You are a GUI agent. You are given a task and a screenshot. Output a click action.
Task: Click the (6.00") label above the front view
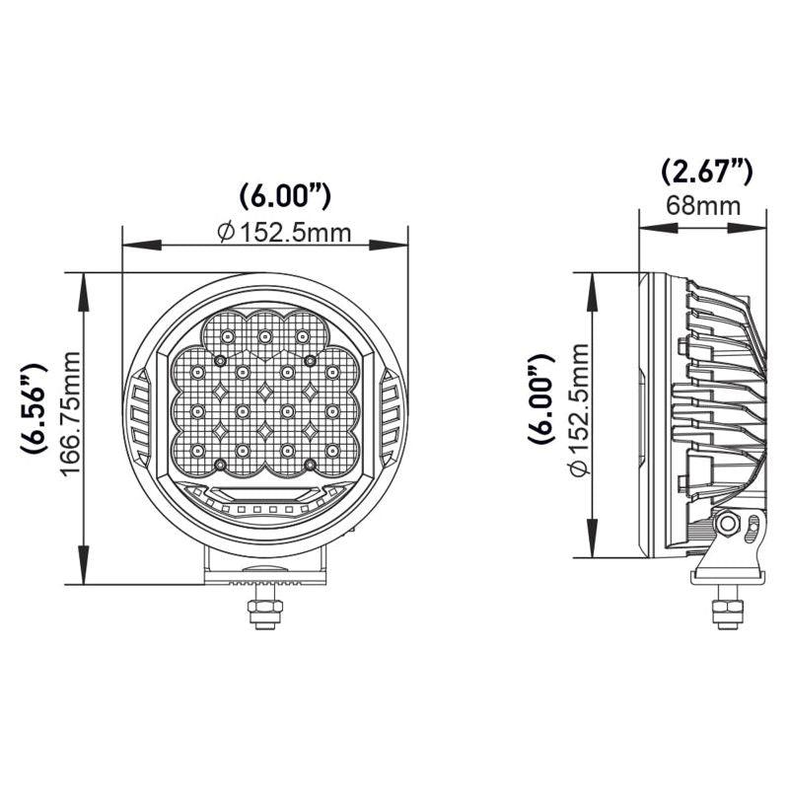(x=284, y=196)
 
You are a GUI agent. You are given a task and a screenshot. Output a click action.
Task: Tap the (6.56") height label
(x=34, y=407)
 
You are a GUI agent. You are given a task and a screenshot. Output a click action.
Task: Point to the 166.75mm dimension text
(x=69, y=408)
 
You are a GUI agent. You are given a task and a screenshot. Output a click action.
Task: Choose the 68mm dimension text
(x=703, y=206)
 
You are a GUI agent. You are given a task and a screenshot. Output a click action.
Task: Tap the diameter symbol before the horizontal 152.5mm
(x=226, y=233)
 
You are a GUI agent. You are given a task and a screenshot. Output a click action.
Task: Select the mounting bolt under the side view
(x=729, y=607)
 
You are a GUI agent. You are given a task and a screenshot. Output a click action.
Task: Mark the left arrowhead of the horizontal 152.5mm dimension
(x=127, y=244)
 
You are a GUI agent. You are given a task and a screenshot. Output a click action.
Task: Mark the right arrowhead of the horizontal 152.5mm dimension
(x=402, y=244)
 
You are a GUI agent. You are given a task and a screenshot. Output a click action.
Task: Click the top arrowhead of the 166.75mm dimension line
(x=86, y=280)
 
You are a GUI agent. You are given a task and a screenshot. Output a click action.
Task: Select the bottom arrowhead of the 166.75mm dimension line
(x=86, y=578)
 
